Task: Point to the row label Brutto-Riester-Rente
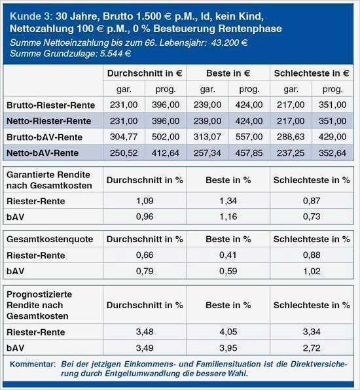click(50, 105)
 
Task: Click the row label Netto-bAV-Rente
click(46, 152)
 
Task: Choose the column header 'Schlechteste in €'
click(312, 73)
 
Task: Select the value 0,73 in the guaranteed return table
click(312, 215)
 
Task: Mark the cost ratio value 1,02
click(312, 270)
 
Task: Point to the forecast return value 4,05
click(228, 333)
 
